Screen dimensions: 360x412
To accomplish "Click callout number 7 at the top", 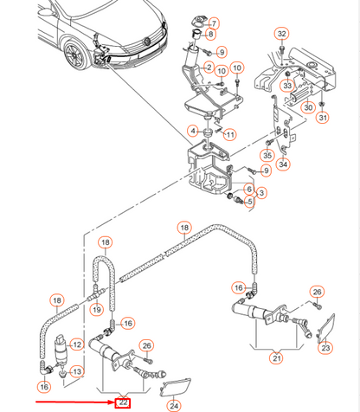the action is point(214,23).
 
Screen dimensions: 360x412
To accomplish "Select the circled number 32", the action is point(281,34).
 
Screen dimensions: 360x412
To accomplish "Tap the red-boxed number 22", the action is point(123,402).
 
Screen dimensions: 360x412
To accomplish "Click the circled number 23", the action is point(325,348).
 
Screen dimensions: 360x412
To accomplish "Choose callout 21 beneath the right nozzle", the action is point(277,358).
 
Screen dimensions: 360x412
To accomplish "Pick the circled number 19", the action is point(97,310).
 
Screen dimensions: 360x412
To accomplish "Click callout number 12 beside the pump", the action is point(77,344).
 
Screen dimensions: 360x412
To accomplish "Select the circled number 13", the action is point(77,371).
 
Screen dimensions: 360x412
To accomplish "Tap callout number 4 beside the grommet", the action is point(193,132).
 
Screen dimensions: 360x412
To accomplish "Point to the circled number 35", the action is point(267,155).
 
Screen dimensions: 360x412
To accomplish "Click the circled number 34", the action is point(283,164).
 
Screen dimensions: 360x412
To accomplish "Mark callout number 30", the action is point(308,107).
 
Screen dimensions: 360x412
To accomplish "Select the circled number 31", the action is point(323,118).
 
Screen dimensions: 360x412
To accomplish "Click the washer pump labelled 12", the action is point(60,349).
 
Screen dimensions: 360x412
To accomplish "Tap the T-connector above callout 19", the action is point(96,293).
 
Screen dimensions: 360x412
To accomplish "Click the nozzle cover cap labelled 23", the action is point(326,328).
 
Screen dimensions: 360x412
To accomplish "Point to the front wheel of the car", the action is point(76,55).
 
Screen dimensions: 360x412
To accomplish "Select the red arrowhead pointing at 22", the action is point(112,402).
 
